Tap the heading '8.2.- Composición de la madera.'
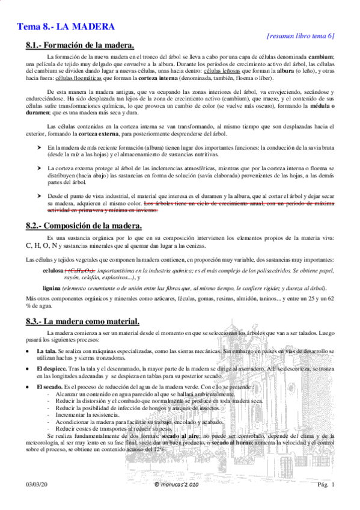(84, 226)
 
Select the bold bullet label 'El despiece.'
(53, 368)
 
